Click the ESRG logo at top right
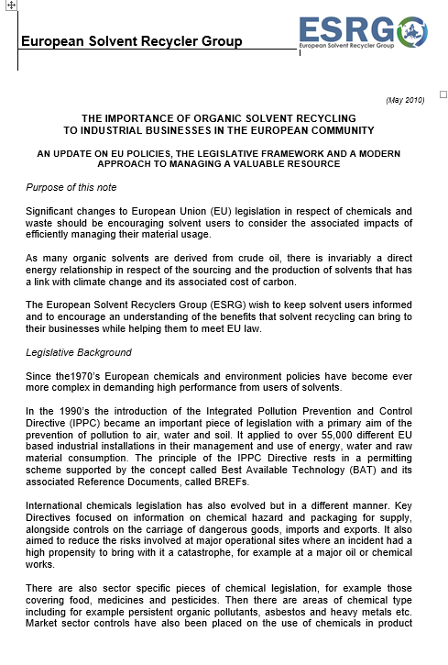pos(363,31)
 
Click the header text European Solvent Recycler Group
pos(131,41)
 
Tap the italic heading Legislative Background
pos(79,352)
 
